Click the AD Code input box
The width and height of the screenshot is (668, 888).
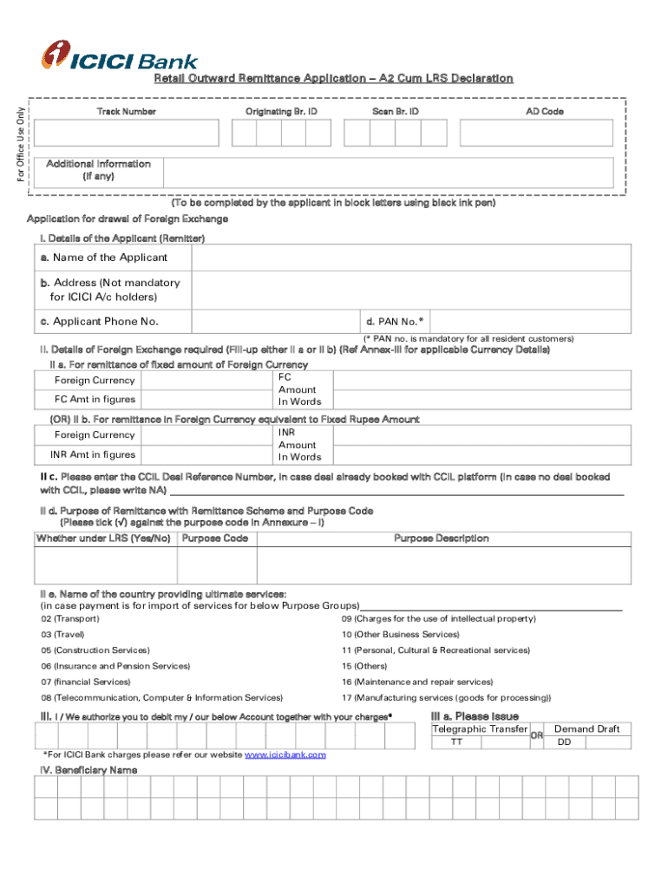tap(545, 133)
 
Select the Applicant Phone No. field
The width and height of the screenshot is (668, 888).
tap(277, 322)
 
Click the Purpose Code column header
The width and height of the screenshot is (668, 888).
tap(214, 539)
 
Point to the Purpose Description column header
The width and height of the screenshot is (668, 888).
tap(441, 539)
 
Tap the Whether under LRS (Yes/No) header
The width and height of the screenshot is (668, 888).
tap(103, 539)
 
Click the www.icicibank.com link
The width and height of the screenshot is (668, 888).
tap(285, 755)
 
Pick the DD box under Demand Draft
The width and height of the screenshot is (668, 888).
tap(587, 742)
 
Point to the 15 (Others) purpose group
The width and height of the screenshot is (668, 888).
tap(363, 666)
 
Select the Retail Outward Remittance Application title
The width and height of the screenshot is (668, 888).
tap(333, 79)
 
